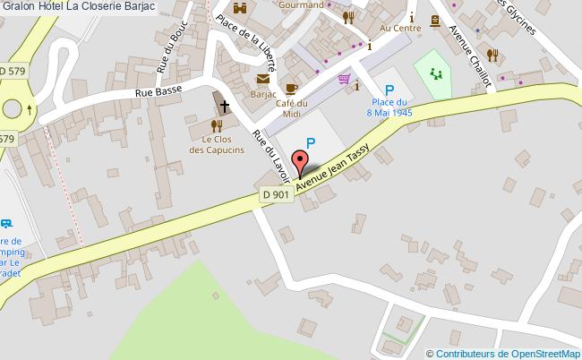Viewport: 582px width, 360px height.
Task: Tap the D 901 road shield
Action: pos(277,194)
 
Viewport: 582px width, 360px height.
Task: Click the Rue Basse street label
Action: pos(158,90)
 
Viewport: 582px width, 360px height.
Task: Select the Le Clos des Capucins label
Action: pos(217,145)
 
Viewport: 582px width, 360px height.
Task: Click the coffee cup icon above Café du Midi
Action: pos(291,88)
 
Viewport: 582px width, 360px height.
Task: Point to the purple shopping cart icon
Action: pos(344,80)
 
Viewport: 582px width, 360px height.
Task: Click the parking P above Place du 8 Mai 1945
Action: pos(389,90)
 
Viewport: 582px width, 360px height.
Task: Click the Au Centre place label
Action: pos(400,28)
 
